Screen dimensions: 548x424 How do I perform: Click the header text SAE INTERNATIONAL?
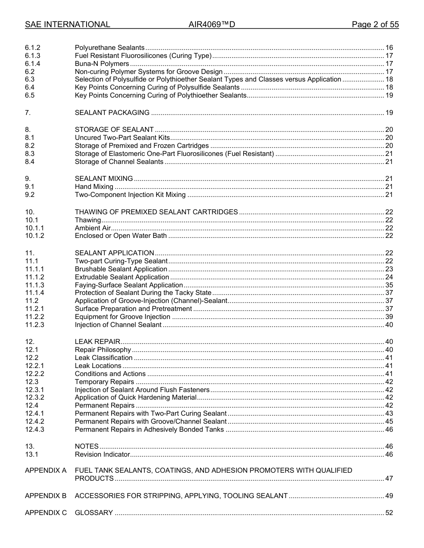[67, 25]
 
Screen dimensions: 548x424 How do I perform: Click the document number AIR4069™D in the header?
[212, 25]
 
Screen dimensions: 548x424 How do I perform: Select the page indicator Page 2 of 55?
[375, 25]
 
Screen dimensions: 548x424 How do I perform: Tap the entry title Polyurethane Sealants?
[109, 48]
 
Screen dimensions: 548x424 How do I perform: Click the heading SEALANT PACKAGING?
[112, 113]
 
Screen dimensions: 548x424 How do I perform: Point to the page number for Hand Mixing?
[389, 187]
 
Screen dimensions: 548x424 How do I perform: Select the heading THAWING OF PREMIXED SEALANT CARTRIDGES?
[156, 212]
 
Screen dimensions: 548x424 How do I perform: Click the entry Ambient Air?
[92, 228]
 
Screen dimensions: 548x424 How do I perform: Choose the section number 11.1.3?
[34, 285]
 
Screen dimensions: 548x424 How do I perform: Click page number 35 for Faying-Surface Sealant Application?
[389, 285]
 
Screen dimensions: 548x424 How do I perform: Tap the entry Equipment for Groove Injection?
[122, 317]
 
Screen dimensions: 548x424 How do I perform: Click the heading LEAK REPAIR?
[97, 342]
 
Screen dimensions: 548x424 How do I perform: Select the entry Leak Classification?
[104, 358]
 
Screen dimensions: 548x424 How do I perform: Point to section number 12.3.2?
[34, 397]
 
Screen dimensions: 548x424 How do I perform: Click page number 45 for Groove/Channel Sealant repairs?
[389, 421]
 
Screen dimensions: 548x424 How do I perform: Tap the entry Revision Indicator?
[102, 454]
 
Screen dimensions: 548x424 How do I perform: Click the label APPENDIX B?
[46, 496]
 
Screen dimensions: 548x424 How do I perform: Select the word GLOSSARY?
[94, 513]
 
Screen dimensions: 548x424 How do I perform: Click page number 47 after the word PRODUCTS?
[389, 478]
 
